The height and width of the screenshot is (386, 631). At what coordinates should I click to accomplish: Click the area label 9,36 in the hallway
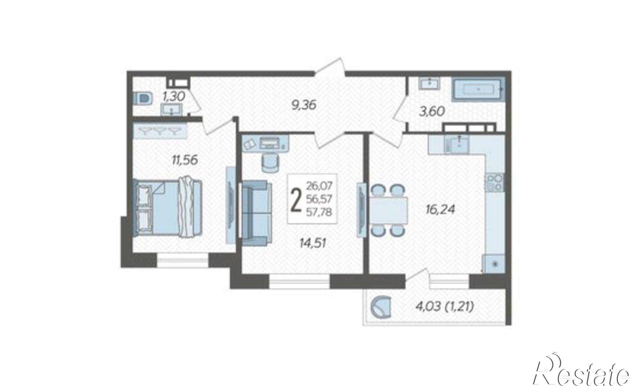tap(304, 105)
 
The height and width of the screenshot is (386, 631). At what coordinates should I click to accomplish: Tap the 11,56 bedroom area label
tap(185, 160)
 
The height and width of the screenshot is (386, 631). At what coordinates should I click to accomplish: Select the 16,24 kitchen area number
tap(440, 210)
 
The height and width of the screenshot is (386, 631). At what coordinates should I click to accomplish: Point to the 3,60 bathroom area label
tap(432, 111)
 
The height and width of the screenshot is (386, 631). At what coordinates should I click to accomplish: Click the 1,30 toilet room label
tap(173, 97)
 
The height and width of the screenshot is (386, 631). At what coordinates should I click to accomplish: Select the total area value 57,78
tap(319, 212)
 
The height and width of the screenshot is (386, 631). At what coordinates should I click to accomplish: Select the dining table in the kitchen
tap(388, 210)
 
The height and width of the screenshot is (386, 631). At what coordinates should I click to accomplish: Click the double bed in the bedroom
tap(167, 207)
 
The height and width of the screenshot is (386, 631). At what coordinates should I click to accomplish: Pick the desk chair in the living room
tap(270, 163)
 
